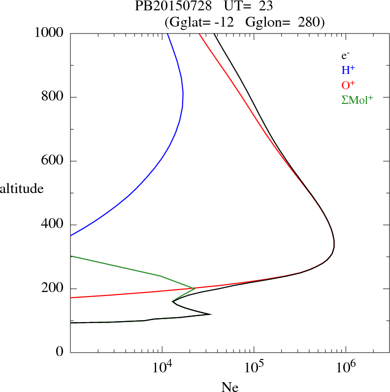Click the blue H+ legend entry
349,70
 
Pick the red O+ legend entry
349,85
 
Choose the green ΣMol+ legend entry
357,100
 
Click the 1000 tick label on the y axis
49,33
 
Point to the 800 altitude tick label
53,97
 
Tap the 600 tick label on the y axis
53,161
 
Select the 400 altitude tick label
53,225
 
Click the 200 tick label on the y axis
53,289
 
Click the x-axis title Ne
229,387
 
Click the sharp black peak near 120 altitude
211,314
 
